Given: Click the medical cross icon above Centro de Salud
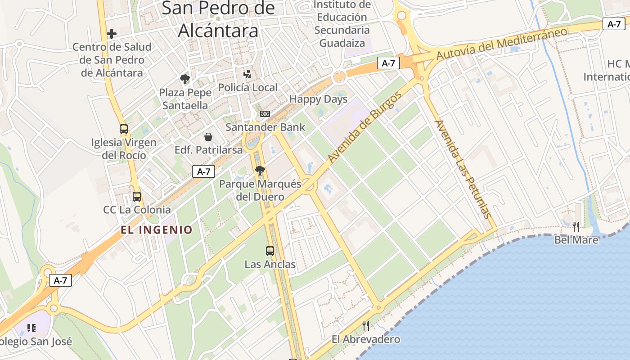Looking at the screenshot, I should click(112, 34).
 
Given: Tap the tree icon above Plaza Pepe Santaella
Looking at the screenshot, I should click(184, 80).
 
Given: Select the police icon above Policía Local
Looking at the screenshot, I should click(247, 74).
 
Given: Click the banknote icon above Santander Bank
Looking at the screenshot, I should click(265, 114).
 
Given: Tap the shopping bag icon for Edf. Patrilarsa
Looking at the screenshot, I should click(208, 136).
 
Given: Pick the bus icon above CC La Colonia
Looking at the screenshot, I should click(137, 197).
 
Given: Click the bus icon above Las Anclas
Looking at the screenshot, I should click(270, 251).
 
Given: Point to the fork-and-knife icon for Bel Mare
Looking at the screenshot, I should click(576, 226).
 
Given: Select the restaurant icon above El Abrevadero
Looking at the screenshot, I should click(366, 325).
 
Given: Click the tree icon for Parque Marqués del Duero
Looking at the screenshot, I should click(260, 171).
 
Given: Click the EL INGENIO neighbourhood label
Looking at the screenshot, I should click(156, 230).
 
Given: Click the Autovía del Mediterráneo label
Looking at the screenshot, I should click(502, 44).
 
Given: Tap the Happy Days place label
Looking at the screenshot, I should click(318, 99).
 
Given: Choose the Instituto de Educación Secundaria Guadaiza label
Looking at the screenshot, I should click(342, 24).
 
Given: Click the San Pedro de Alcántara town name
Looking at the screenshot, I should click(218, 19).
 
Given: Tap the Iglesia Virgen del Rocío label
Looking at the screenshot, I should click(124, 148).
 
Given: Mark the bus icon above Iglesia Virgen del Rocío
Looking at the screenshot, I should click(124, 129).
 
